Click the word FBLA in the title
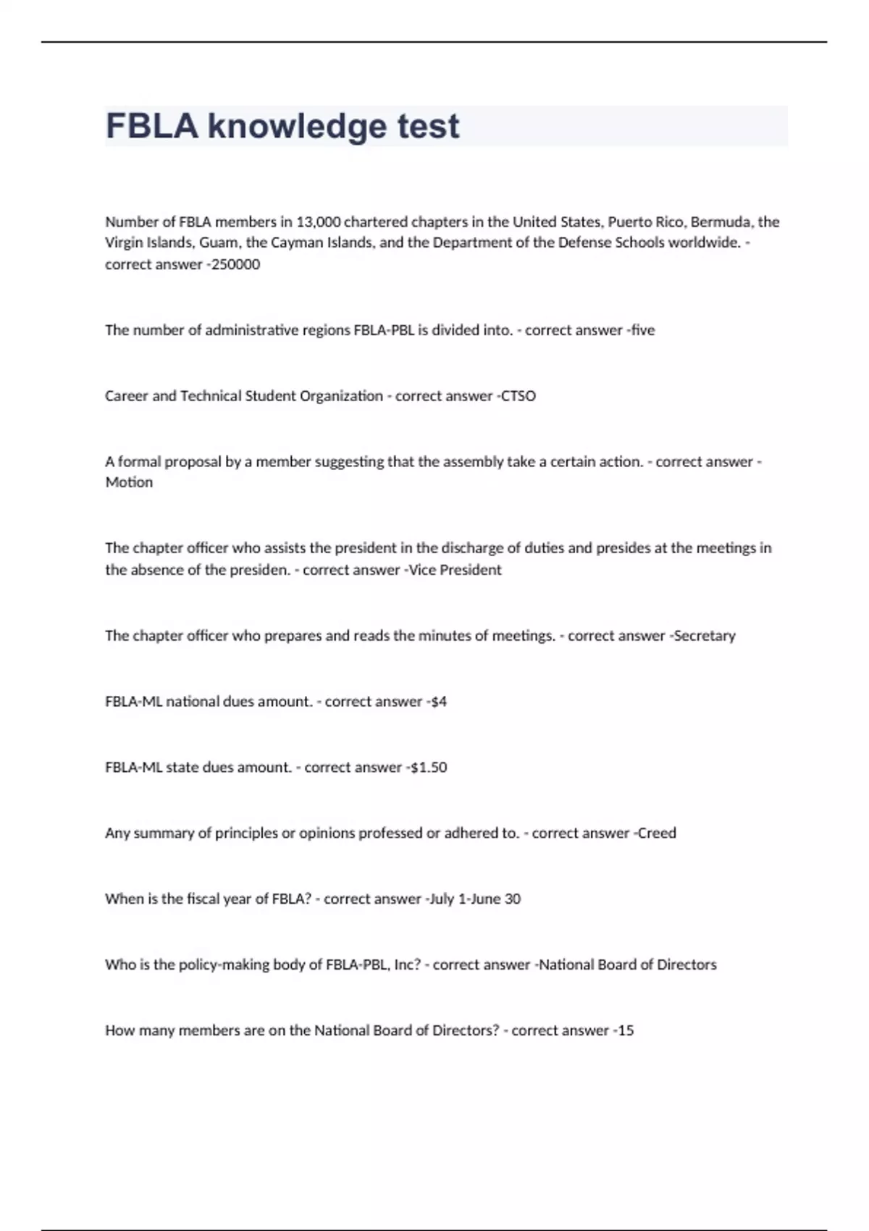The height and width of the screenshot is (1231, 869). coord(152,126)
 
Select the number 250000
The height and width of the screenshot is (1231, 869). coord(235,264)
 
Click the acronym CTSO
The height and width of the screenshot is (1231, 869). coord(519,396)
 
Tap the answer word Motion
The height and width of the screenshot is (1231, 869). coord(129,482)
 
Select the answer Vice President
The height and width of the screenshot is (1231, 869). coord(456,570)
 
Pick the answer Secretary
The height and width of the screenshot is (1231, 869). coord(705,636)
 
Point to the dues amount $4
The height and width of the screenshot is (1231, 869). coord(438,702)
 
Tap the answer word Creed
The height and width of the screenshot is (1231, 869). coord(657,833)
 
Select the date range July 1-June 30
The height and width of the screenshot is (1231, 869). coord(475,899)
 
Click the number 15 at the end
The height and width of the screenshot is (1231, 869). coord(626,1030)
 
